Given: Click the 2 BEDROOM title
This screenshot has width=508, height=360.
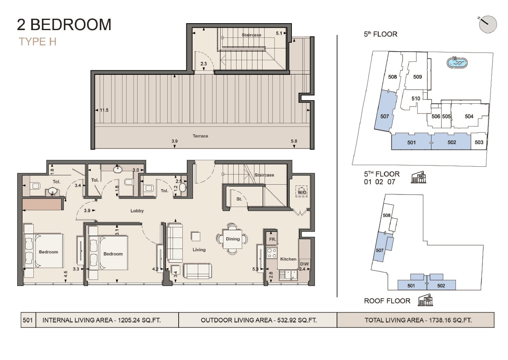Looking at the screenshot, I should (64, 25).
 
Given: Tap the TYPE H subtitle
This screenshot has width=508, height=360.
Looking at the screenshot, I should (37, 41).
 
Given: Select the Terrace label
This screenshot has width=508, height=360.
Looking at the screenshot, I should (200, 136).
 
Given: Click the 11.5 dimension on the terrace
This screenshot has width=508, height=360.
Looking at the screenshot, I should (104, 110).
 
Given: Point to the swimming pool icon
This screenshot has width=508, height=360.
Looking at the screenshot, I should (457, 63).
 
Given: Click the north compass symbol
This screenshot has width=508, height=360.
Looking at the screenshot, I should (488, 24).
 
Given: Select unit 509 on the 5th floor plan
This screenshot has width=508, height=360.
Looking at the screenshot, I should (417, 77).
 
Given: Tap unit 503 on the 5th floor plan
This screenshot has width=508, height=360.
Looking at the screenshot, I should (479, 142).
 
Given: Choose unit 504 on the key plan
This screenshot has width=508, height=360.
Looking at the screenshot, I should (469, 116).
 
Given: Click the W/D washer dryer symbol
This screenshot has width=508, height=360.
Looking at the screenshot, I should (302, 192).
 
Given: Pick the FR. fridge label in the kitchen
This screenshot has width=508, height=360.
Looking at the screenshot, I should (272, 240).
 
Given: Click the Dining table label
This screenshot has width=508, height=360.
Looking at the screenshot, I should (233, 239).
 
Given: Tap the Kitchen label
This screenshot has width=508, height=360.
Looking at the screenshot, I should (288, 259).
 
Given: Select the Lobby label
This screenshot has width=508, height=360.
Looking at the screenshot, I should (137, 211).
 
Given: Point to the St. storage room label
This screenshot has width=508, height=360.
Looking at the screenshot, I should (239, 199).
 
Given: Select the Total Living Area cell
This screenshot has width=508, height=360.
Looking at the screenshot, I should (418, 320).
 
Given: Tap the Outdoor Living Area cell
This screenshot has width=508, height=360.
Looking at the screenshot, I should (258, 320).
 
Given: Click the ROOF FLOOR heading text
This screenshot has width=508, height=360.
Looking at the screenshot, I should (387, 301).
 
